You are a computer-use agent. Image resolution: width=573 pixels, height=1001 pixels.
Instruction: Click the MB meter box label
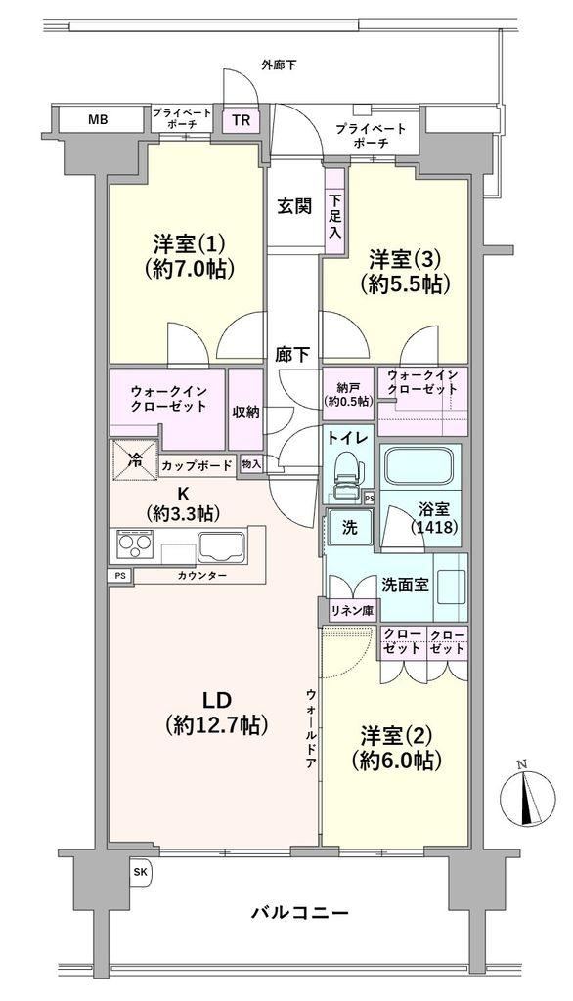tap(98, 118)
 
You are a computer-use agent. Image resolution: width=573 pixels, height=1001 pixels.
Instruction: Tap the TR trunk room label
tap(242, 120)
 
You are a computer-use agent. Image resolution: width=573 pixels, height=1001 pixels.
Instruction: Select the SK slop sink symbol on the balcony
tap(139, 873)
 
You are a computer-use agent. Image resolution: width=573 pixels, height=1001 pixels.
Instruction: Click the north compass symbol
tap(528, 796)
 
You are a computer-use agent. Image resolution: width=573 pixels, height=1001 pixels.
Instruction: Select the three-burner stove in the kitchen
tap(135, 546)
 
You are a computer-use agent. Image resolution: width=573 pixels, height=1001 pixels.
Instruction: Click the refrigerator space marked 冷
tap(135, 459)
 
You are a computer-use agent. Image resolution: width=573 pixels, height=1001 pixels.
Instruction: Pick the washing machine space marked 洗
tap(349, 528)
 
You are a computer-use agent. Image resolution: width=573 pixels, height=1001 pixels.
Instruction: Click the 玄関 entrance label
tap(294, 207)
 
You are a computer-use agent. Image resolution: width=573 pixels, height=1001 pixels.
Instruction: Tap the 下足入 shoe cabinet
tap(334, 216)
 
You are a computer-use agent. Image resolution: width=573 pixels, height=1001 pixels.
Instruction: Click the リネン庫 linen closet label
tap(351, 610)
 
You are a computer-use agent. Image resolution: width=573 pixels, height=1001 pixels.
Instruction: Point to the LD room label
tap(216, 700)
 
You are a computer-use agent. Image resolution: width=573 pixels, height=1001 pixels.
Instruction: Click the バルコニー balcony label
tap(299, 912)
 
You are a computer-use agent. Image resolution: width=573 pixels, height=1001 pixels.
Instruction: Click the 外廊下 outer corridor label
tap(279, 65)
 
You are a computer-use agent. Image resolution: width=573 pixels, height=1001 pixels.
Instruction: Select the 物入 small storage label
tap(251, 464)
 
